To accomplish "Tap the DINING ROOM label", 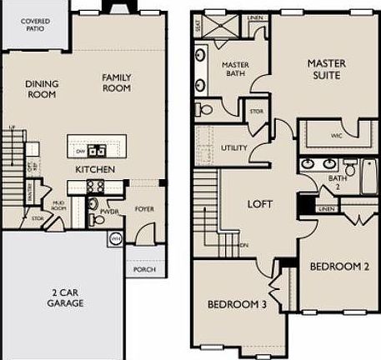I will (x=40, y=88).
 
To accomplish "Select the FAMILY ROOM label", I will (x=118, y=82).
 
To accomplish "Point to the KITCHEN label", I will (x=94, y=170).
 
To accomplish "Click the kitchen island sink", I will (x=98, y=151).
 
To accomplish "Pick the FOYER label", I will (x=143, y=209).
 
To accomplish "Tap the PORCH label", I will (x=143, y=269).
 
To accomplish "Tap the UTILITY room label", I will (x=233, y=148).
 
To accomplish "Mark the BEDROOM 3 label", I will (x=237, y=304).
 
